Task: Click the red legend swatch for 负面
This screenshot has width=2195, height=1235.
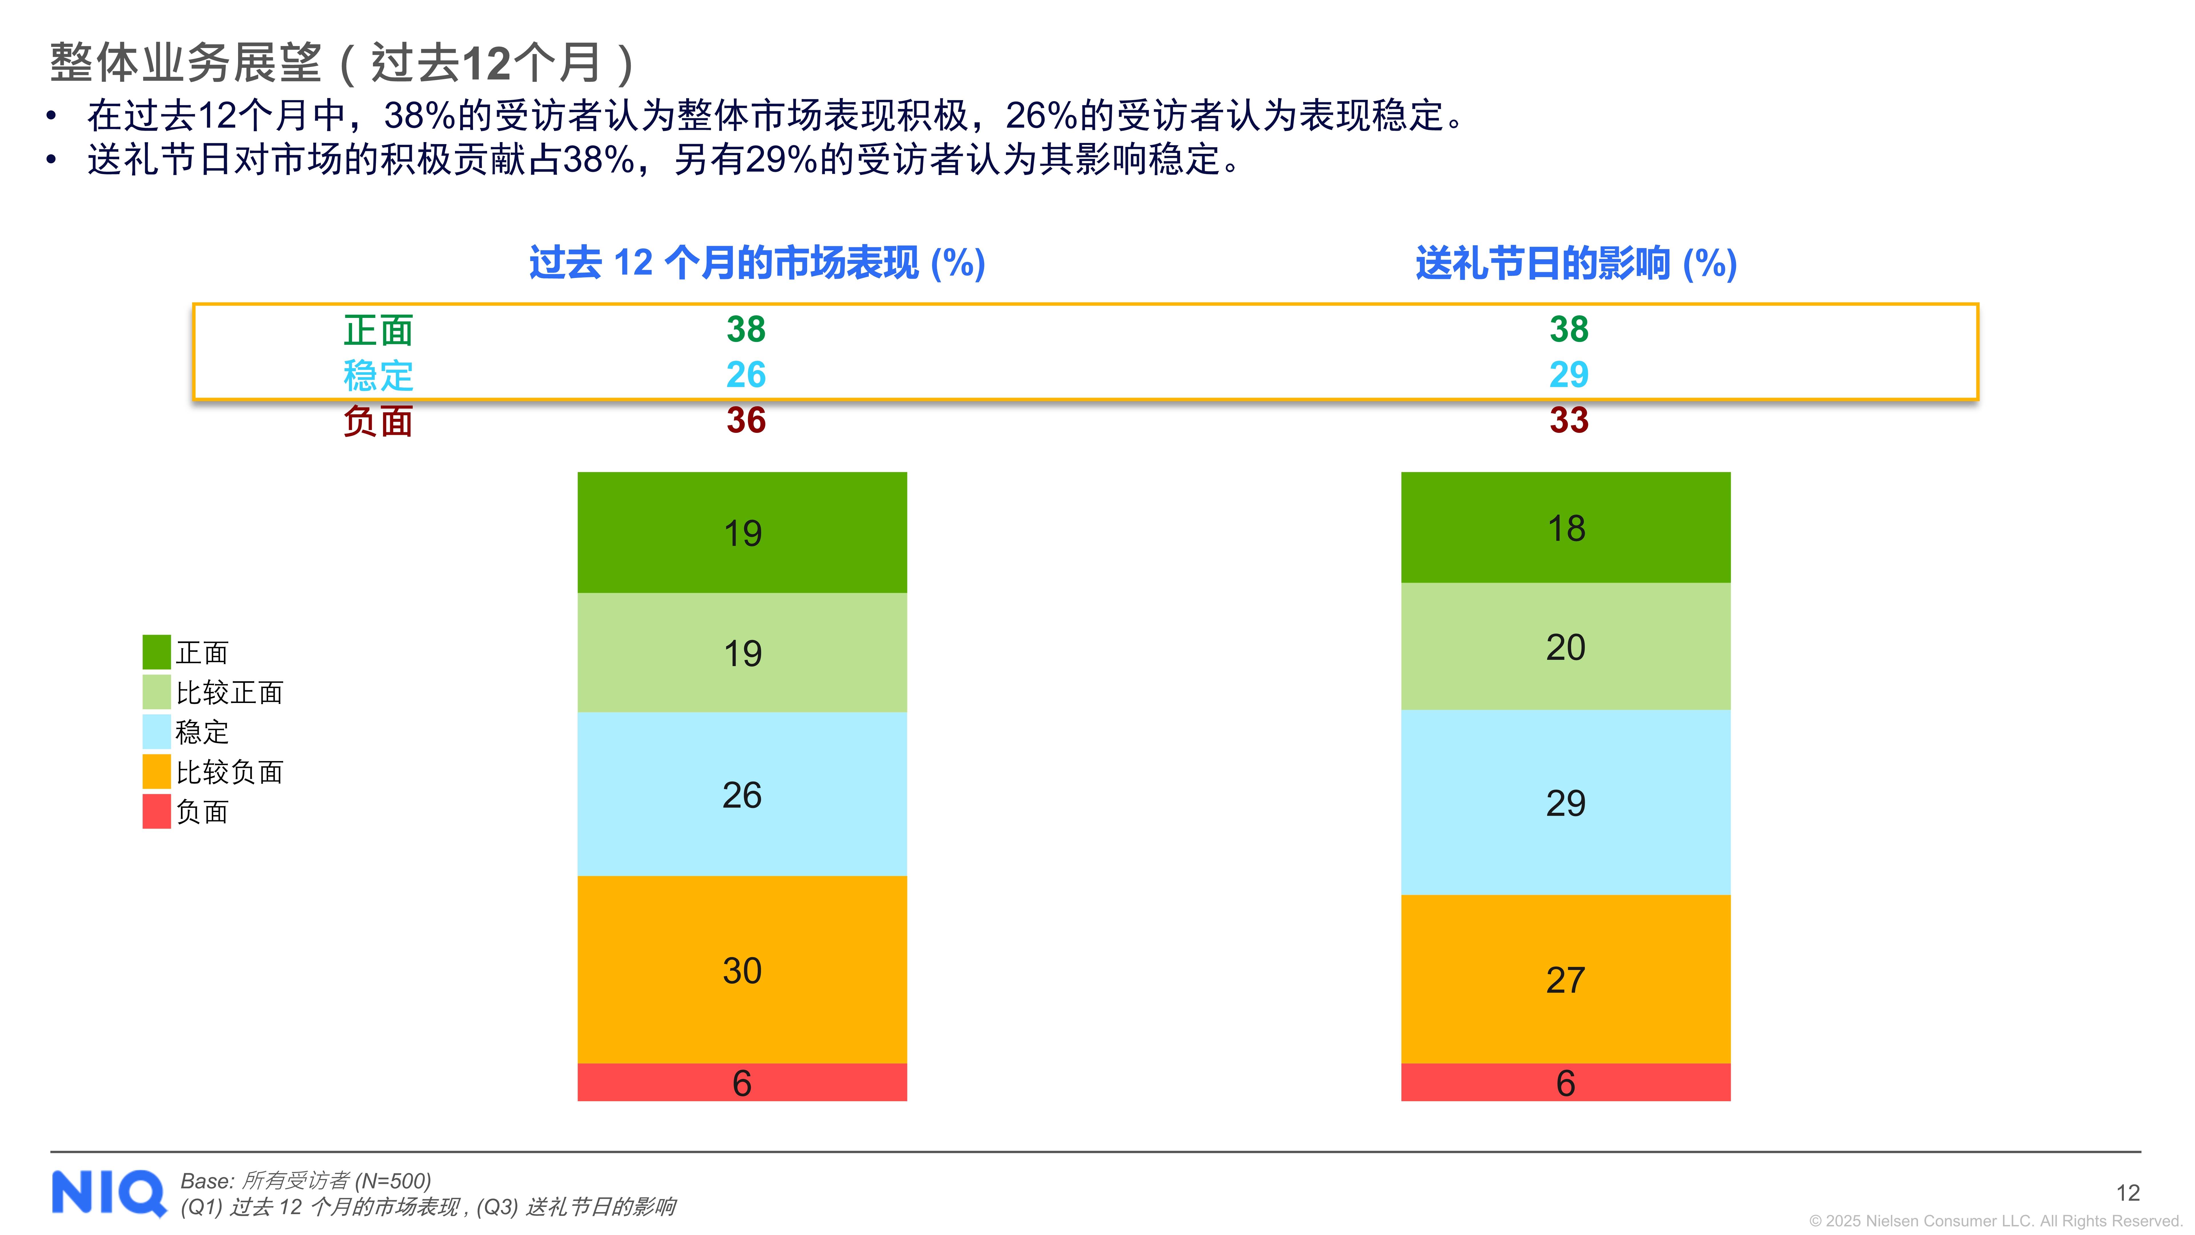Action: (156, 811)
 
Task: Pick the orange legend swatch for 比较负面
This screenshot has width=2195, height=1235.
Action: (156, 771)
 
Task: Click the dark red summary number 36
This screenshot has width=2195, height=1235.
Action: (746, 420)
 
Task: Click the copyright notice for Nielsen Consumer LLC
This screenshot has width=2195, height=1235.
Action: (1994, 1220)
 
